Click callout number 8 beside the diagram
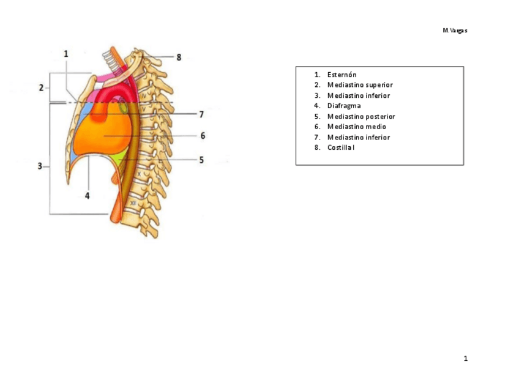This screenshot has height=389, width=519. (x=179, y=57)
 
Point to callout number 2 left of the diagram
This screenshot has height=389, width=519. (x=42, y=87)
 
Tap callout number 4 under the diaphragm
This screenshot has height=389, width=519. (x=87, y=196)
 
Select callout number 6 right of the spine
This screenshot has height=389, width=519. (x=203, y=136)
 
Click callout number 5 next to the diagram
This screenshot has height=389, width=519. (x=201, y=160)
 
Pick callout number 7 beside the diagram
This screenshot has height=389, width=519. (x=201, y=114)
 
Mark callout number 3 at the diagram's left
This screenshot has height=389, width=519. (x=40, y=166)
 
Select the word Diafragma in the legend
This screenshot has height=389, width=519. (x=344, y=106)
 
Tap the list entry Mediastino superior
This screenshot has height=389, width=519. (x=360, y=85)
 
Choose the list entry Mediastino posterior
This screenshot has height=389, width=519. (x=361, y=116)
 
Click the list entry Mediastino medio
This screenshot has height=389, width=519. (x=357, y=127)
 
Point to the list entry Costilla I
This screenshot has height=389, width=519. (x=341, y=147)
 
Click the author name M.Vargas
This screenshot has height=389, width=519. (x=455, y=31)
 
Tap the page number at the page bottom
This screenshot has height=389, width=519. (x=465, y=358)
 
